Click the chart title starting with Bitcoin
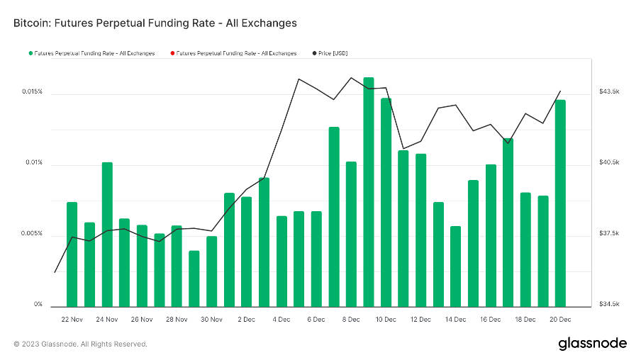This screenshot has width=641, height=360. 155,23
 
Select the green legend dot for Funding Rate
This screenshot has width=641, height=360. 30,53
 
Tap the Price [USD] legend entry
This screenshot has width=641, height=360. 333,53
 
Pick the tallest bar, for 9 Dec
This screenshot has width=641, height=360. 369,191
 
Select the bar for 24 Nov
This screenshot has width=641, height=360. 107,234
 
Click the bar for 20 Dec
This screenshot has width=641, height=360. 560,203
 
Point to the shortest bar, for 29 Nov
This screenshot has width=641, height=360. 194,278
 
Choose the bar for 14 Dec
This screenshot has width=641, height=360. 456,266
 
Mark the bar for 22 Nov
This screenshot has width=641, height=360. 72,254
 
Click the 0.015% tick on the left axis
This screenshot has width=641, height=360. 32,92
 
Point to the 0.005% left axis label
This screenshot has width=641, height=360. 32,234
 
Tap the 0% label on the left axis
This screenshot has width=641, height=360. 37,305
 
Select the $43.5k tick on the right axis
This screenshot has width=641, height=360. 609,92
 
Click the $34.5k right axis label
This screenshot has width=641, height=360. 609,305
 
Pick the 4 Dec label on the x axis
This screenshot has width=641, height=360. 281,320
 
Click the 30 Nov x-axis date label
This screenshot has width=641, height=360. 212,320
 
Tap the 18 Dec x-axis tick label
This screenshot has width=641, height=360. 525,320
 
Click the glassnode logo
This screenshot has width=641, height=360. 592,344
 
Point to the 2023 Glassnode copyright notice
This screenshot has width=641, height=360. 80,344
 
